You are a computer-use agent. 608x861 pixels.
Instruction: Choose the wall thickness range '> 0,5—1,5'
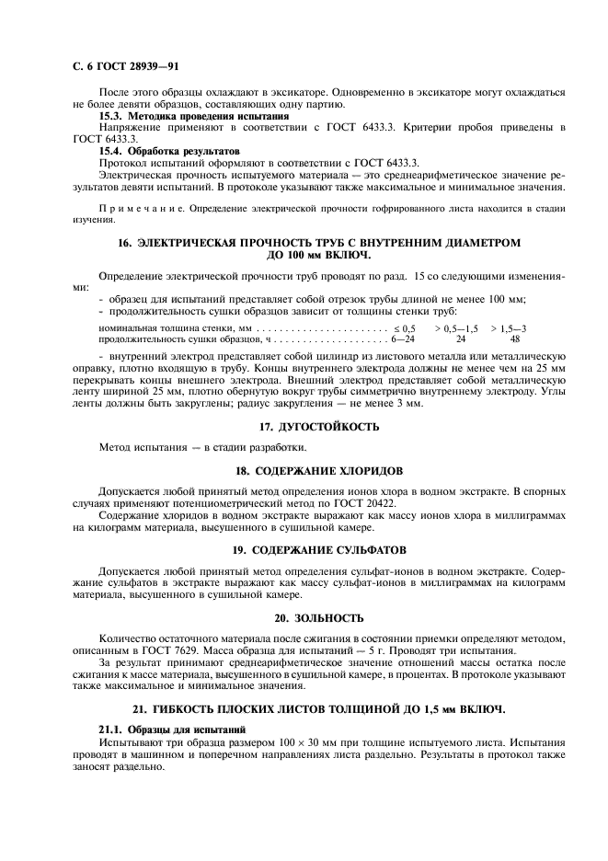tap(455, 327)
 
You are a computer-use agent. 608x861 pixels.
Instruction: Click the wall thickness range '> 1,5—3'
tap(509, 327)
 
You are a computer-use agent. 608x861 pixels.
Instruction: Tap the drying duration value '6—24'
tap(403, 339)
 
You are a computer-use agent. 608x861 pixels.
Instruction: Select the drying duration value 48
tap(515, 339)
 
